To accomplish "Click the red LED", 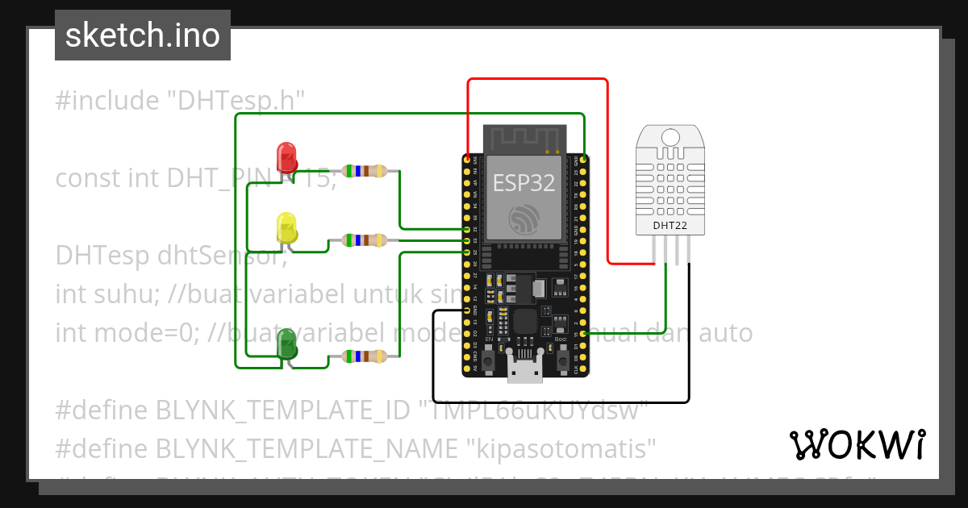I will pyautogui.click(x=286, y=157).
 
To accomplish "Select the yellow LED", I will pyautogui.click(x=287, y=227).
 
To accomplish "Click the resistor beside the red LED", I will pyautogui.click(x=365, y=170).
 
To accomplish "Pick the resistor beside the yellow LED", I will pyautogui.click(x=365, y=239).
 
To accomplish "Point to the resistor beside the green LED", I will pyautogui.click(x=365, y=356).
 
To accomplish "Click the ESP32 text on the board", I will pyautogui.click(x=524, y=183).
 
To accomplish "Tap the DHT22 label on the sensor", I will pyautogui.click(x=670, y=226).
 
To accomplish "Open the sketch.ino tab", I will pyautogui.click(x=143, y=35).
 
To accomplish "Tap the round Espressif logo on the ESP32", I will pyautogui.click(x=525, y=220).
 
